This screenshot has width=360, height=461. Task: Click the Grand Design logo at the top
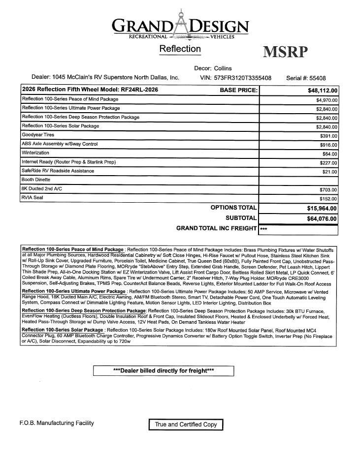tap(181, 25)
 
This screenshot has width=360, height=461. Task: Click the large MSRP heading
tap(286, 52)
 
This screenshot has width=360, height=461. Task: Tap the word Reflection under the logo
tap(180, 49)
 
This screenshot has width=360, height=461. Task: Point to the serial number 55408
tap(315, 78)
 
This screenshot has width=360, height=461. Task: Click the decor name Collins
tap(223, 68)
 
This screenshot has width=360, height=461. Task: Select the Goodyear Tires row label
tap(38, 135)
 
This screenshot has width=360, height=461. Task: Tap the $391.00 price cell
tap(328, 136)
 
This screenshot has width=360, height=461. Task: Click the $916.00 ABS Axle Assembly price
tap(328, 145)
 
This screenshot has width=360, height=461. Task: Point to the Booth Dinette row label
tap(36, 180)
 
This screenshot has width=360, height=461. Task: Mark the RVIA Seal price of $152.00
tap(328, 199)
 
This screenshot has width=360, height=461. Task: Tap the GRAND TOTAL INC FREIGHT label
tap(217, 228)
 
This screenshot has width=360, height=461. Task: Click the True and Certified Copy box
tap(186, 425)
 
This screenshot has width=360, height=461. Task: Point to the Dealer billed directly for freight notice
tap(164, 370)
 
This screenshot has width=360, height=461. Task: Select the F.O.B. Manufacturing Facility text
tap(57, 423)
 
